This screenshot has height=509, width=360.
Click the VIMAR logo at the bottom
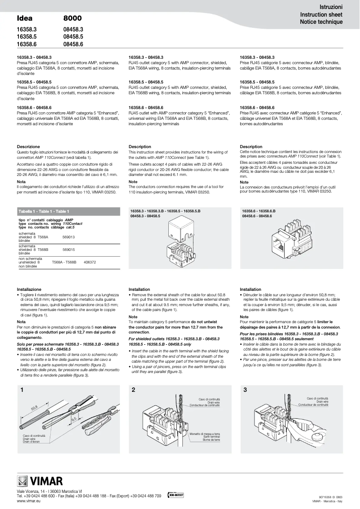[40, 482]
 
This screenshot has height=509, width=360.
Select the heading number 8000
[72, 18]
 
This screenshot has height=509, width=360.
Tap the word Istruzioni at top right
[331, 8]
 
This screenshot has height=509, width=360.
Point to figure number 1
[21, 390]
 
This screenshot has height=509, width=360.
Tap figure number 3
[245, 390]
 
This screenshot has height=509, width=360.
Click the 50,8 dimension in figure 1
[35, 408]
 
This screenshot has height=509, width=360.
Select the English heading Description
[140, 147]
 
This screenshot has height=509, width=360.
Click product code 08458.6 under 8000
[74, 44]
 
